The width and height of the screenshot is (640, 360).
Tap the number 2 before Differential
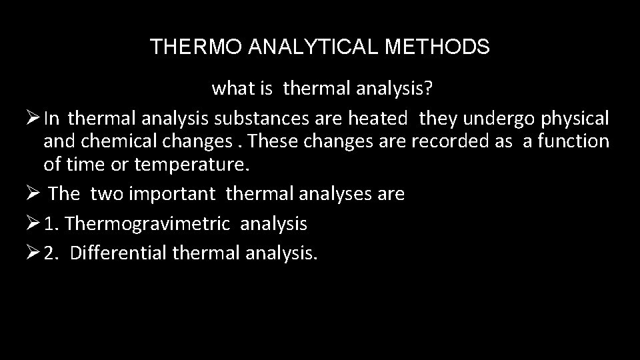[x=51, y=253]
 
